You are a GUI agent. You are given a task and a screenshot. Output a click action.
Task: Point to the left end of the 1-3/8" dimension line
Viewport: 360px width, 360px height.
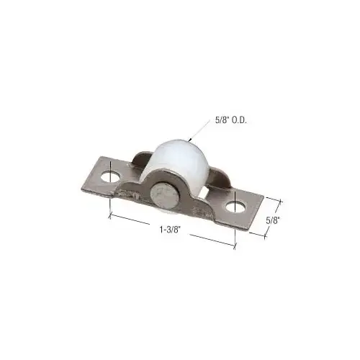tap(109, 215)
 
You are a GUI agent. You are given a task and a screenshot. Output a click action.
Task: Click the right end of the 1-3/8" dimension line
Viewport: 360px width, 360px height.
tap(235, 246)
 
